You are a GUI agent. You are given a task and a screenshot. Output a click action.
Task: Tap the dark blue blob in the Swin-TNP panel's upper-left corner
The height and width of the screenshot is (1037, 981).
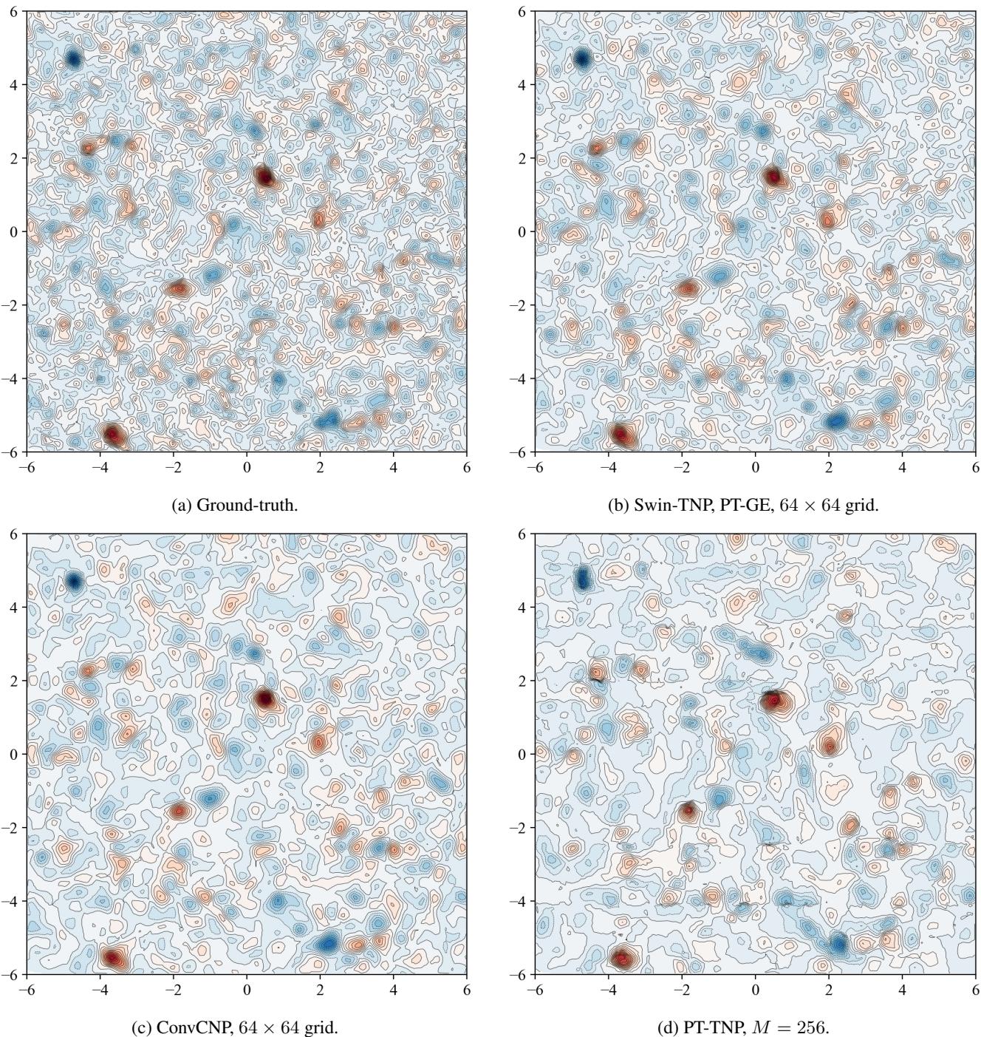(x=582, y=58)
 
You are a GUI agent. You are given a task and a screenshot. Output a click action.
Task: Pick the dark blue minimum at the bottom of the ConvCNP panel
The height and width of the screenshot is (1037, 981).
(x=327, y=943)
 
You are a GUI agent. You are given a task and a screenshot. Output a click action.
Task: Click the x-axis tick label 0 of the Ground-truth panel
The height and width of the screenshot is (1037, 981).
(x=247, y=467)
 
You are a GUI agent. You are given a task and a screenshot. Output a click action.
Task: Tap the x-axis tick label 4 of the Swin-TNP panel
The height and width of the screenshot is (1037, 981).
(x=902, y=467)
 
